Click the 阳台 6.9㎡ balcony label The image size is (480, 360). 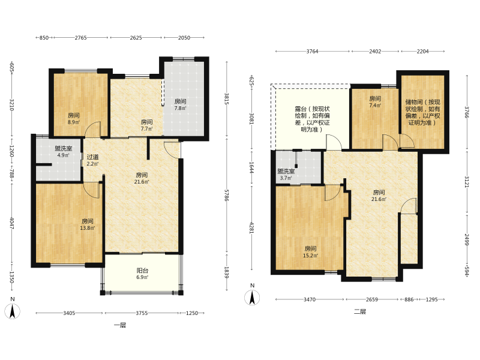tap(142, 274)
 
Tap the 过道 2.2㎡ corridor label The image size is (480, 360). tap(92, 160)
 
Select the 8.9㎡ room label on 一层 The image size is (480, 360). tap(73, 118)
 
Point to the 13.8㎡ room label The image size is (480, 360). tap(88, 224)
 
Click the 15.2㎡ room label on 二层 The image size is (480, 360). tap(310, 251)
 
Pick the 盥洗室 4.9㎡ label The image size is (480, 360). tap(64, 152)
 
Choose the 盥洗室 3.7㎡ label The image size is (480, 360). tap(286, 175)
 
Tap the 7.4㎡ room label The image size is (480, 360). tap(375, 101)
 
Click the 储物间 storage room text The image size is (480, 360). tap(423, 112)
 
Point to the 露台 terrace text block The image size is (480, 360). tap(312, 119)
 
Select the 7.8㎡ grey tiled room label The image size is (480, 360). tap(181, 104)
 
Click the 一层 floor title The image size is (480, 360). tap(120, 325)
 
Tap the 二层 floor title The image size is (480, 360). tap(360, 311)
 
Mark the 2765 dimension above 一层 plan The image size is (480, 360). tap(81, 38)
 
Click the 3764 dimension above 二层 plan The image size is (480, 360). tap(312, 52)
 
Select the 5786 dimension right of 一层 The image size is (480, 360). tap(227, 196)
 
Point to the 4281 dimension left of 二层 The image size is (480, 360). tap(251, 227)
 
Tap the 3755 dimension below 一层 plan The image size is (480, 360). tap(142, 313)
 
